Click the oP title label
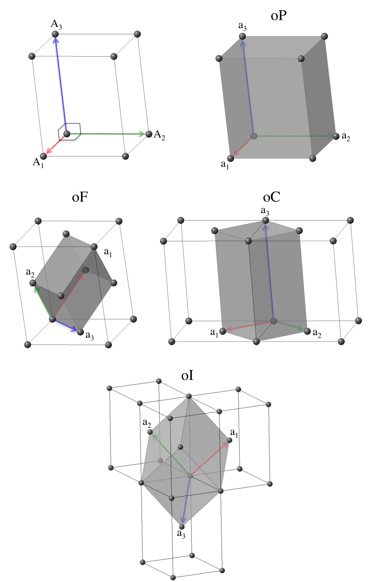[x=279, y=16]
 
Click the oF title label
[x=80, y=197]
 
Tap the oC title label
[x=271, y=197]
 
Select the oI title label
[x=187, y=375]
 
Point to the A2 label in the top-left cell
[x=160, y=135]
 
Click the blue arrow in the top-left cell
[x=61, y=84]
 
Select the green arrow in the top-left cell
[x=108, y=134]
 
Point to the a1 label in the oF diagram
[x=108, y=252]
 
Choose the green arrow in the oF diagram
[x=42, y=301]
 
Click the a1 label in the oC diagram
[x=214, y=333]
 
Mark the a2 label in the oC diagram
[x=317, y=333]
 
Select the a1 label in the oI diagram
[x=234, y=433]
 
